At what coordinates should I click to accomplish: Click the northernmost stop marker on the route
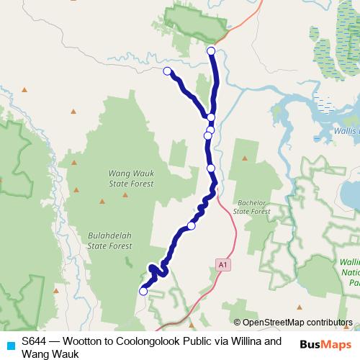211,50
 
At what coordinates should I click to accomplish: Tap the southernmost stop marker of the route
143,291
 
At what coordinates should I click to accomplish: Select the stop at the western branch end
167,71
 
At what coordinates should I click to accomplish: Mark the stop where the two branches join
211,117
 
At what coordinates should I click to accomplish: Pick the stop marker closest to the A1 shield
192,226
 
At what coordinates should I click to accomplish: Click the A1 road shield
224,266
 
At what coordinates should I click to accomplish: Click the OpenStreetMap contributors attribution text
297,323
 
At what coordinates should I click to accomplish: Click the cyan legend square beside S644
9,344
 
